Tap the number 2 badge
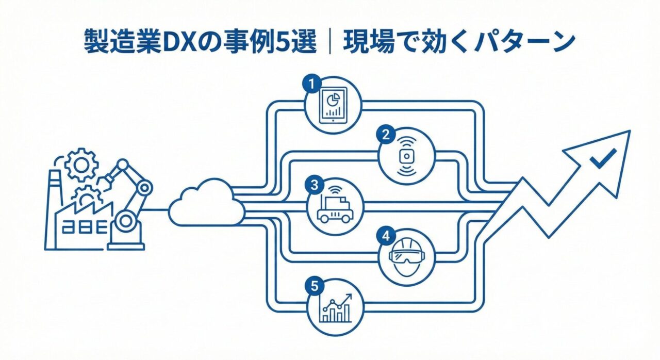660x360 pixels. pos(386,135)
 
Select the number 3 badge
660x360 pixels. pos(313,184)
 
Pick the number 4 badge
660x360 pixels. pos(386,236)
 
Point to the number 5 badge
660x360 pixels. pos(313,285)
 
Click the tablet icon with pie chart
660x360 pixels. pos(333,106)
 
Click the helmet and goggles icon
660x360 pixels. pos(407,254)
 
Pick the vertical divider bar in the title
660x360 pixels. pos(328,42)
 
